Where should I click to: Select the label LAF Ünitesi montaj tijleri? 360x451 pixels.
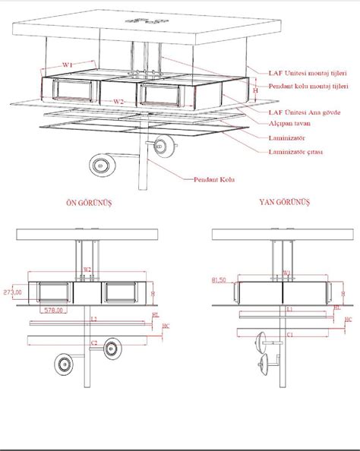tap(308, 73)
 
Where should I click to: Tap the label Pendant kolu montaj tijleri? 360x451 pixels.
tap(308, 87)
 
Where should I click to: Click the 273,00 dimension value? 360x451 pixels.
tap(11, 290)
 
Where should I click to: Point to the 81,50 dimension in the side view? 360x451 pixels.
tap(220, 280)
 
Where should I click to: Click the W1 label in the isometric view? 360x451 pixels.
tap(68, 66)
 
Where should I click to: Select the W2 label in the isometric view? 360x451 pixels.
tap(118, 101)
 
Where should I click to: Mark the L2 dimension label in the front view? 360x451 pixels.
tap(93, 320)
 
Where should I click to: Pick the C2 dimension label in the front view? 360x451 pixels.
tap(93, 343)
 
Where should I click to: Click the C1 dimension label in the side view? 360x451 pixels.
tap(290, 333)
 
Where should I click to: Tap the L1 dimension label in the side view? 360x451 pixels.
tap(290, 310)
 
